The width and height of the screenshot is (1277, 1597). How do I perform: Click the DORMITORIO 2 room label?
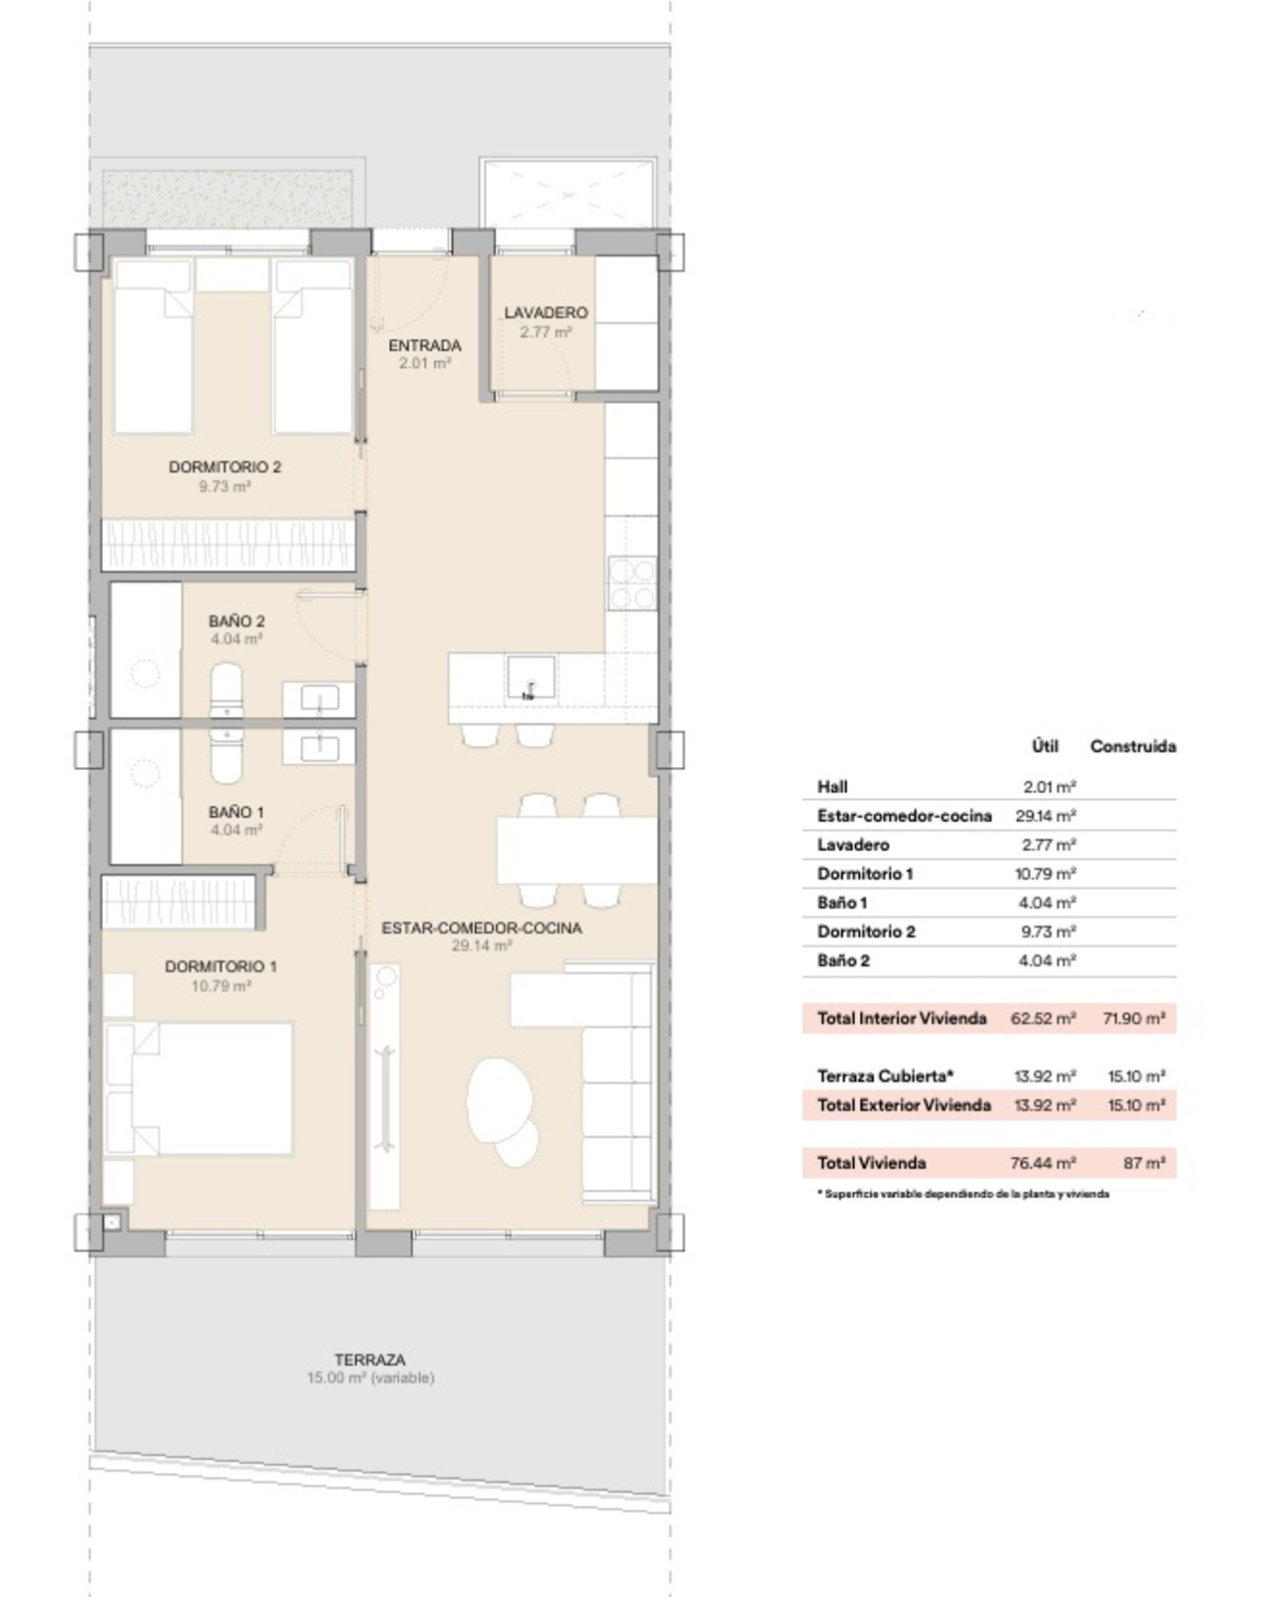(x=224, y=467)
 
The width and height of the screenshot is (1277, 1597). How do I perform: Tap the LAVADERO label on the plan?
(x=546, y=312)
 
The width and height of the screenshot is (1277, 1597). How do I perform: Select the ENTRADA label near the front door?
(x=425, y=345)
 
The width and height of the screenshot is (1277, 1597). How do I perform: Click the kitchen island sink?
(x=530, y=676)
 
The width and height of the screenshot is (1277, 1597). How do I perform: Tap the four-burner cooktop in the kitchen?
(x=632, y=584)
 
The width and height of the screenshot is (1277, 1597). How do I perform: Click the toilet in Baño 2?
(x=225, y=689)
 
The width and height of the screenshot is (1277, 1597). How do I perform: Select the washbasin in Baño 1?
(x=319, y=748)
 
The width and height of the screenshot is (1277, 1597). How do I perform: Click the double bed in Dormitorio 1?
(x=199, y=1088)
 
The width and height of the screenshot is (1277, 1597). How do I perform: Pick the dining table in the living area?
(x=577, y=851)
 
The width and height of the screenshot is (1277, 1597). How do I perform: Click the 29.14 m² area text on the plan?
(x=482, y=946)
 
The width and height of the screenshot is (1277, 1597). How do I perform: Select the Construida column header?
(x=1133, y=746)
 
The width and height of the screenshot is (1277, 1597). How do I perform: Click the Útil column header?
(x=1045, y=746)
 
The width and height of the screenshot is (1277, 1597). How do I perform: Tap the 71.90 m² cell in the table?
(x=1133, y=1018)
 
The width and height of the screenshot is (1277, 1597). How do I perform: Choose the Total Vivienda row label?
(x=872, y=1163)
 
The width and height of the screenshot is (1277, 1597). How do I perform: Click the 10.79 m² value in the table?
(x=1046, y=874)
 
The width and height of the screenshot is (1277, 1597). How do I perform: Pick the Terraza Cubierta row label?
(x=885, y=1075)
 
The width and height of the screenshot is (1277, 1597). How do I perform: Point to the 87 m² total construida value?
(x=1144, y=1163)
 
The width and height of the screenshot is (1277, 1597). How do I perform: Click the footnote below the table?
(x=963, y=1194)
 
